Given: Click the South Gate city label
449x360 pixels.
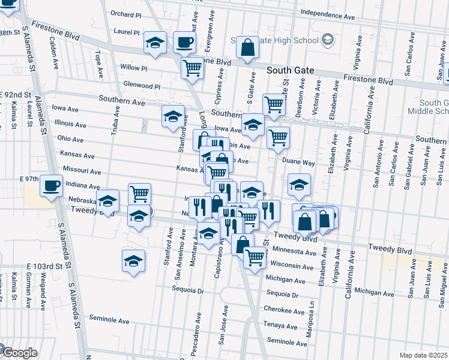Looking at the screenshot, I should pos(291,70).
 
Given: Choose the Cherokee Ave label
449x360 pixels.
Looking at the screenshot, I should pos(284,311).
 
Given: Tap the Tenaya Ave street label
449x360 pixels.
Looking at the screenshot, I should pos(281,326).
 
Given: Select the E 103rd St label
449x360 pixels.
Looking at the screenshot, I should pos(44,266).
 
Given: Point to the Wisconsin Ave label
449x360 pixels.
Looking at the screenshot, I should pos(293,264).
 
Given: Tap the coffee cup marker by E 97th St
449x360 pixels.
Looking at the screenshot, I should pos(52,185).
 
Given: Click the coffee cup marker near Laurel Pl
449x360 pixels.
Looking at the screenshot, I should pos(184,42).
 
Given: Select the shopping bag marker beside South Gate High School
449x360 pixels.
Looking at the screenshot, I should pos(247,47).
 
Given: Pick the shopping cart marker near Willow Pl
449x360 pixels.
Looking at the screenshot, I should pos(192,68).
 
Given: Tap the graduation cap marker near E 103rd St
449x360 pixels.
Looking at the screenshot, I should pos(134,261).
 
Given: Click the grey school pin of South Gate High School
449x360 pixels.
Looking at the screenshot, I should pos(327,41).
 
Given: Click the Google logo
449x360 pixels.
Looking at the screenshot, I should pos(20,353).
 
